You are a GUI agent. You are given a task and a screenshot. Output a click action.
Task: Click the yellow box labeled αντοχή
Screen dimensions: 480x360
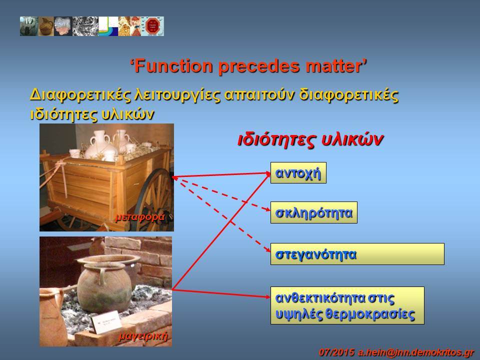coord(298,172)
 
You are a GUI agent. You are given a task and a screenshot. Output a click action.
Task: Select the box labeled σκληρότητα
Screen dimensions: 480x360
coord(314,212)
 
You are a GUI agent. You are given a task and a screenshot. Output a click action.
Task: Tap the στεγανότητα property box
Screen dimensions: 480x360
coord(357,254)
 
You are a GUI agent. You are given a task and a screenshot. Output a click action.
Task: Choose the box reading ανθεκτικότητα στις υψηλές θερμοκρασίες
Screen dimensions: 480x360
coord(347,305)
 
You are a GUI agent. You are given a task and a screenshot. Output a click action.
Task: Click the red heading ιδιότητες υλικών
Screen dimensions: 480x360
coord(310,140)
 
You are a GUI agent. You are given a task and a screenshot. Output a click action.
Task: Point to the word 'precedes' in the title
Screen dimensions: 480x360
coord(259,66)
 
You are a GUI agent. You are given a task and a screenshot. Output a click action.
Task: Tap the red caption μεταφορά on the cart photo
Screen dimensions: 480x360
coord(140,217)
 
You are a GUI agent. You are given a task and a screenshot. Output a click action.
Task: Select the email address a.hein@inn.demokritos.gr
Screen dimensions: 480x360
coord(415,352)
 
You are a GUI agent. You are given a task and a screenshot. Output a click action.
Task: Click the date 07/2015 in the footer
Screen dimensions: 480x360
coord(336,352)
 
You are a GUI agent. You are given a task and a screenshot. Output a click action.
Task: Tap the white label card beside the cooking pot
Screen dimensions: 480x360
coord(106,321)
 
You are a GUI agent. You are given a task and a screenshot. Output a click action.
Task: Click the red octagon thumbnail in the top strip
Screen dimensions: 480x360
coord(152,26)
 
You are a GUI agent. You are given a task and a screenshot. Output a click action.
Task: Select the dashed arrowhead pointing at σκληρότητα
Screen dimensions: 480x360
coord(267,209)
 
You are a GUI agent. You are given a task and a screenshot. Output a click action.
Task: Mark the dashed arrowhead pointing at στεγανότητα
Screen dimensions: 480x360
coord(267,249)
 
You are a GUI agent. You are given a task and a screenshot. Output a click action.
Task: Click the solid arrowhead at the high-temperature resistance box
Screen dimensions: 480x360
coord(267,296)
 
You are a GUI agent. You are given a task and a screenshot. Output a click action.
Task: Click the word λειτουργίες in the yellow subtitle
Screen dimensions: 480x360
coord(177,95)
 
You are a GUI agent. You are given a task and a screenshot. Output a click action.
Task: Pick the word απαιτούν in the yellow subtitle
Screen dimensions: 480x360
coord(259,95)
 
